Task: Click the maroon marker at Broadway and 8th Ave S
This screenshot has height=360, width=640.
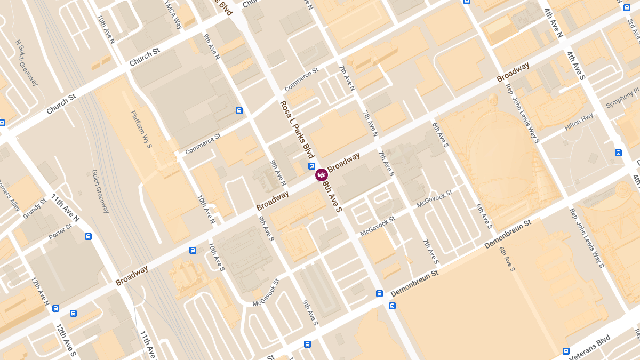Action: (321, 174)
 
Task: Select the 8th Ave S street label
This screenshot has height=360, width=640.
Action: (332, 197)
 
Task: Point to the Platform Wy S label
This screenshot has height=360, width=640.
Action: (141, 129)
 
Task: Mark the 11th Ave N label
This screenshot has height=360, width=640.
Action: (65, 208)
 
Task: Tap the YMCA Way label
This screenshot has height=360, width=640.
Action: (174, 15)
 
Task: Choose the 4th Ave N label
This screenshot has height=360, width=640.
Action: (554, 23)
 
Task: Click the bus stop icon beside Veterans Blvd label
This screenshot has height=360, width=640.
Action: (566, 351)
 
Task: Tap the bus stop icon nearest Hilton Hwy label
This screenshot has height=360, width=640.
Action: (618, 153)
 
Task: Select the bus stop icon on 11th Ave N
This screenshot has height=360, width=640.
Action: (88, 236)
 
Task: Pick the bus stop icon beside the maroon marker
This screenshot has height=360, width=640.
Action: (311, 166)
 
